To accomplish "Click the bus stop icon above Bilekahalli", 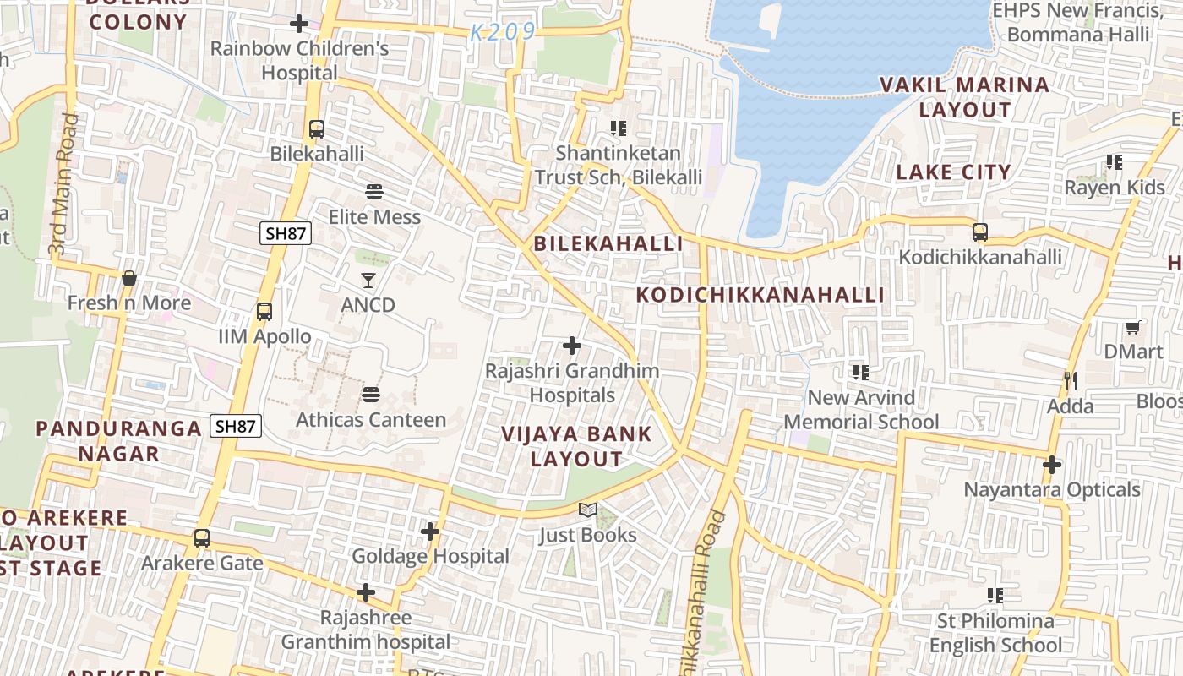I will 317,129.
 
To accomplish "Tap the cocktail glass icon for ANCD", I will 368,280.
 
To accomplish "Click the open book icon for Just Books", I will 588,510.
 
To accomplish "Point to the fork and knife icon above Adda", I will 1070,381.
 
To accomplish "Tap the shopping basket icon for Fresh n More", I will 129,278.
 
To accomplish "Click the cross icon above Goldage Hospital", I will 430,532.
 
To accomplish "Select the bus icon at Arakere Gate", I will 202,537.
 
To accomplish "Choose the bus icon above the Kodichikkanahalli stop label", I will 980,232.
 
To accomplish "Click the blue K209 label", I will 503,32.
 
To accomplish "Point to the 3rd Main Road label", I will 63,184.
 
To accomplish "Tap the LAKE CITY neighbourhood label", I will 953,172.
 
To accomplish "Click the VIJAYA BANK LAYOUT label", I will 576,446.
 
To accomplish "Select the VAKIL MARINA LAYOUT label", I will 964,97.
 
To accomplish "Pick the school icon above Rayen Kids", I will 1115,162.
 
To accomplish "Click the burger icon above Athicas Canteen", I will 371,395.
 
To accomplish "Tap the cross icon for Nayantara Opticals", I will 1052,464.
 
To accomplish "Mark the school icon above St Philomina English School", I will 995,596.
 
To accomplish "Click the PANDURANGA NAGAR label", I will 118,440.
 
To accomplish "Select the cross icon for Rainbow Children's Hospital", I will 299,24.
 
